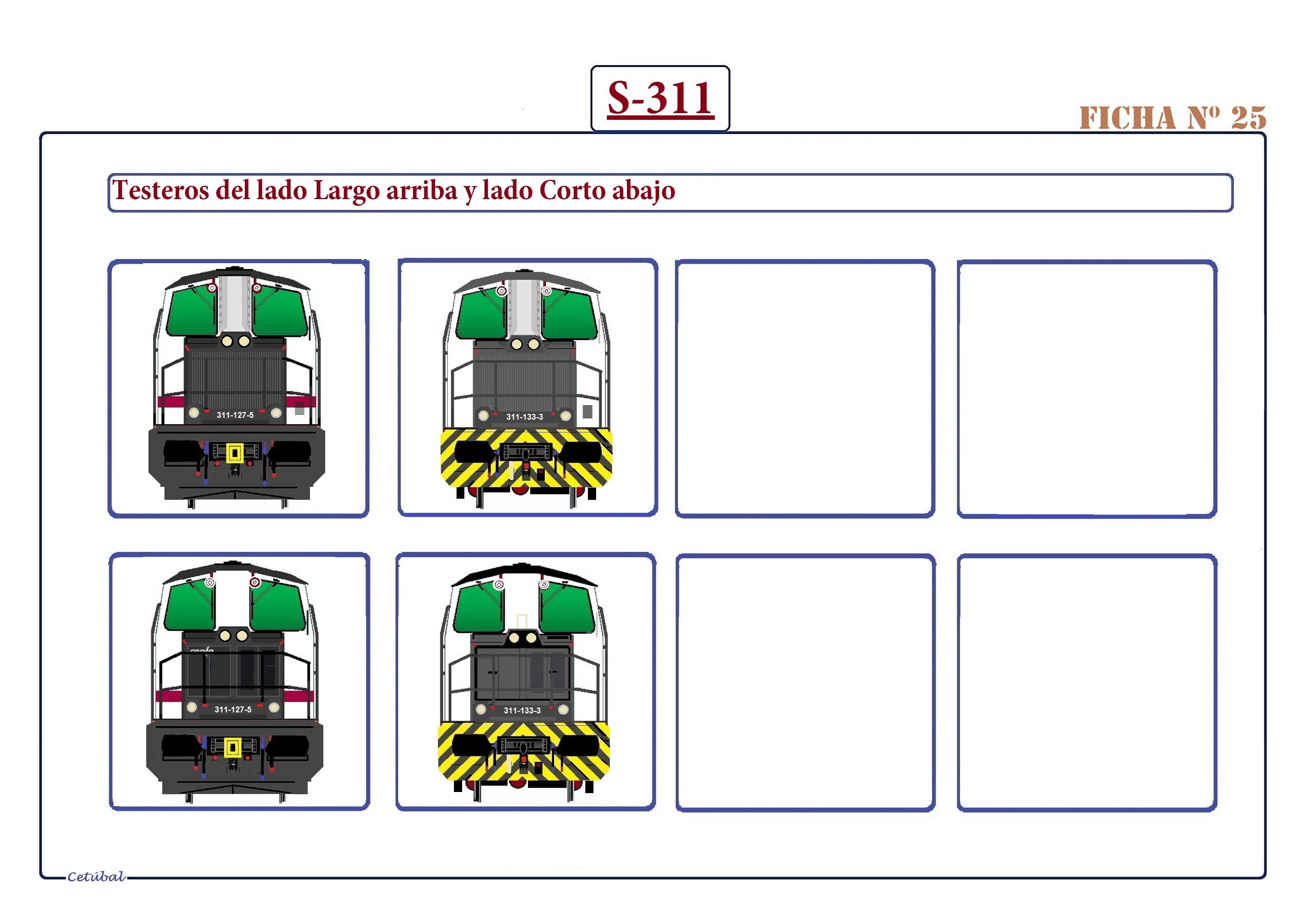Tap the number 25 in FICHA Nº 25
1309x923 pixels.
point(1249,118)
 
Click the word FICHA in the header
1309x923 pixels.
point(1128,118)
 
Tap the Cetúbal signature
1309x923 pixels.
point(96,877)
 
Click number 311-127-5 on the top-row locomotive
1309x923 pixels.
point(235,415)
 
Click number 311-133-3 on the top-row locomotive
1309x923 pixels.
point(525,417)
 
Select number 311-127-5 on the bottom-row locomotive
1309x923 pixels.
point(233,709)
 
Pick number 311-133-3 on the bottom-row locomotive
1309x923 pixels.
point(522,710)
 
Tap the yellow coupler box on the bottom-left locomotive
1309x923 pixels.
point(232,747)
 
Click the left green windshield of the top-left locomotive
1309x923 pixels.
point(191,312)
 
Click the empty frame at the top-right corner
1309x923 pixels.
point(1086,389)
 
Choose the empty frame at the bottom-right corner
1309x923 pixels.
point(1086,683)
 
